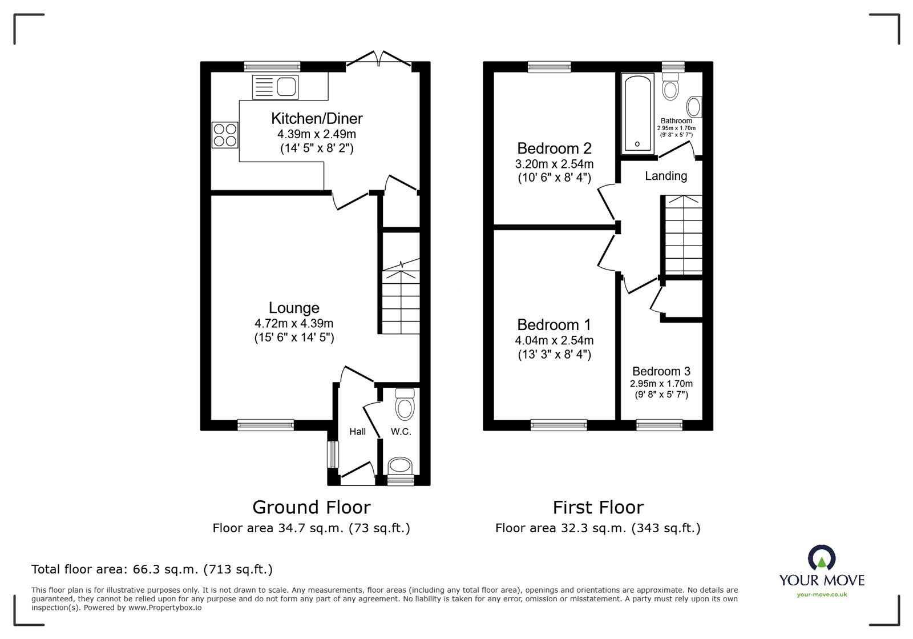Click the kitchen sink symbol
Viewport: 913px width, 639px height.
[276, 87]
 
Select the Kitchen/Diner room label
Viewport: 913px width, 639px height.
[317, 119]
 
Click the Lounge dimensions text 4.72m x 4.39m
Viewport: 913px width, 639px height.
[294, 323]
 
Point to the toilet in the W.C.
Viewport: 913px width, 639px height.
[405, 405]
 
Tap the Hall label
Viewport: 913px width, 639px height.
[358, 432]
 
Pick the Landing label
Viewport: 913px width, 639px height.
[666, 176]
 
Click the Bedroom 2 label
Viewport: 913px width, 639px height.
[554, 148]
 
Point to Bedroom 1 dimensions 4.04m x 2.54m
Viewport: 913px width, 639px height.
[554, 340]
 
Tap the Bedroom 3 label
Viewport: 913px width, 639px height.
[661, 371]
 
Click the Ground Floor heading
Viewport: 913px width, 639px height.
[312, 507]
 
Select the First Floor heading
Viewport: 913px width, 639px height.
[598, 507]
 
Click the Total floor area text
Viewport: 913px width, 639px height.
[152, 569]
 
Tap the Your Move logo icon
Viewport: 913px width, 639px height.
[821, 558]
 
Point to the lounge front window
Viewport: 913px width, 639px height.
[266, 424]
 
